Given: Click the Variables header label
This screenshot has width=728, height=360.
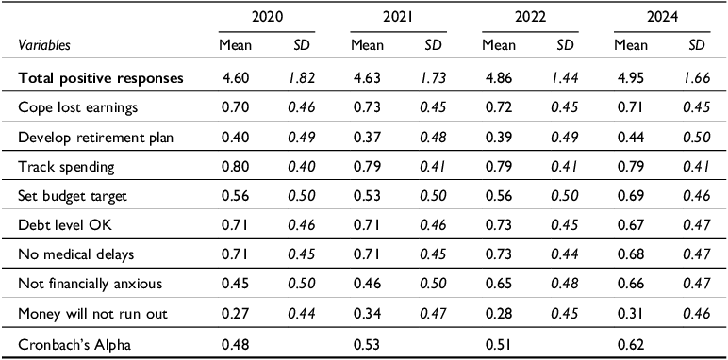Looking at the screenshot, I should tap(43, 44).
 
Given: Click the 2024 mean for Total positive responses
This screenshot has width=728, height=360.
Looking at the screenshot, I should tap(625, 77).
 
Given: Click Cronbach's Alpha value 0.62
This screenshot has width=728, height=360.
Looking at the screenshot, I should tap(625, 343).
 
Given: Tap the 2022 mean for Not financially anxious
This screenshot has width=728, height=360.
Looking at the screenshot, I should tap(495, 283).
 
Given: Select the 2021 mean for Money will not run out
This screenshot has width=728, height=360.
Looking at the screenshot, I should tap(364, 312).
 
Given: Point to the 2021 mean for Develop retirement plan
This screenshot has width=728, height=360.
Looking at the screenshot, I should tap(364, 138).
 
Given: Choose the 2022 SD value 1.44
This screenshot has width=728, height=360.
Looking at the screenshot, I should tap(563, 77).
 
